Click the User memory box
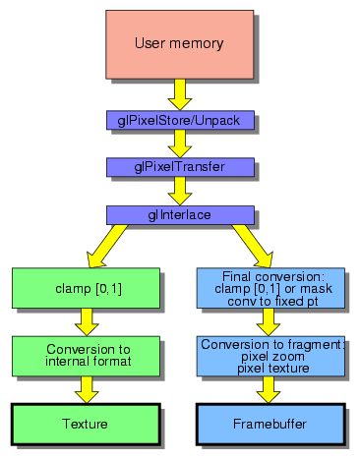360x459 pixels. (180, 44)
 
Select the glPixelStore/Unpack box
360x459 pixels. (180, 120)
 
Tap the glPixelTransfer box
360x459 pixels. (180, 167)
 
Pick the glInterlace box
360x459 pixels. (180, 214)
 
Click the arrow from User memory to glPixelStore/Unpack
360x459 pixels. (180, 94)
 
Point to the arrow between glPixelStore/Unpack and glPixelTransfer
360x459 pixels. (180, 143)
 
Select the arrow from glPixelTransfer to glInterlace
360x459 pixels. (180, 191)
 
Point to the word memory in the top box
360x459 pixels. (200, 44)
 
